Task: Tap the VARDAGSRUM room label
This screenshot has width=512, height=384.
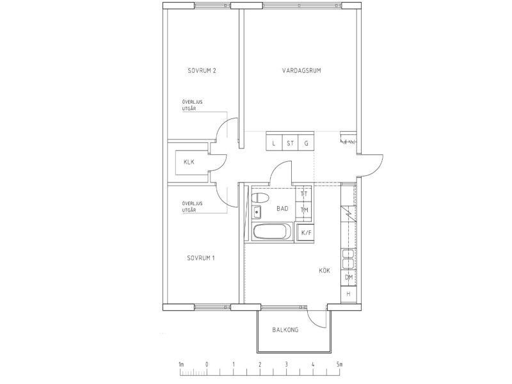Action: coord(301,70)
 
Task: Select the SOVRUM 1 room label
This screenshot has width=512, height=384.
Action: coord(201,258)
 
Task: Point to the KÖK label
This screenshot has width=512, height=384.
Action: coord(324,271)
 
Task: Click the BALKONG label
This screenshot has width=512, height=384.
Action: coord(285,330)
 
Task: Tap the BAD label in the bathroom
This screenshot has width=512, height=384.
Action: coord(282,209)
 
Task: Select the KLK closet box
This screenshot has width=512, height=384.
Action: coord(188,162)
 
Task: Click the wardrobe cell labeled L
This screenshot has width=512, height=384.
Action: coord(274,143)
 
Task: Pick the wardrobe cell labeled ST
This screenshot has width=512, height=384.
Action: coord(290,143)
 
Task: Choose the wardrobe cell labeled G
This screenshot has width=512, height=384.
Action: coord(307,143)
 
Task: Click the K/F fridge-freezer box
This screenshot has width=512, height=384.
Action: coord(306,233)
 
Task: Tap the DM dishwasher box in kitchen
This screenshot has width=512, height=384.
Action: coord(349,277)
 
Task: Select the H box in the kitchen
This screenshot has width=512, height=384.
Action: coord(349,294)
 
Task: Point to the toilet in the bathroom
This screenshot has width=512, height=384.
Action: coord(261,198)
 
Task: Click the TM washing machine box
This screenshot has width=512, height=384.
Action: coord(305,210)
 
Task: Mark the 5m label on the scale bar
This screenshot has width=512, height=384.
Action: coord(340,365)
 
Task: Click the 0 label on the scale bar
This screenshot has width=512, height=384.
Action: coord(207,365)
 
